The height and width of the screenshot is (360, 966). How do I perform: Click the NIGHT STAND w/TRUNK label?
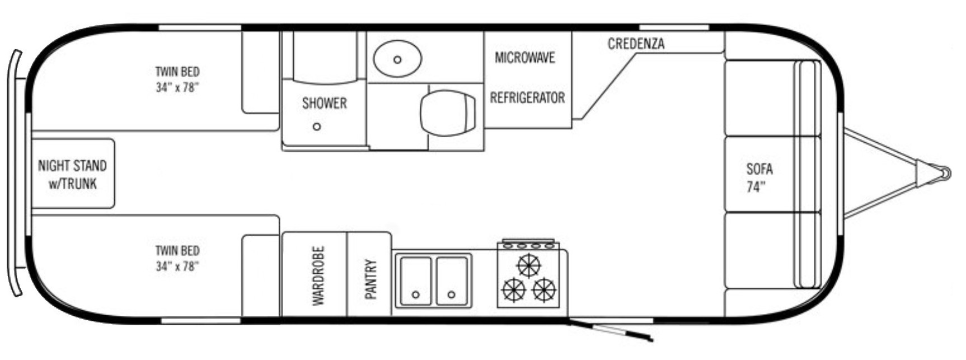[x=72, y=175]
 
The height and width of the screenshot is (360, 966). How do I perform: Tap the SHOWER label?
[x=325, y=103]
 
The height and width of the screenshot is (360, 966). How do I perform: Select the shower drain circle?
[x=317, y=127]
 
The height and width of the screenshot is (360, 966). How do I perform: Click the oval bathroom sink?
[x=397, y=59]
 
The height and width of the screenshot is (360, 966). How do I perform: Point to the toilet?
[x=448, y=112]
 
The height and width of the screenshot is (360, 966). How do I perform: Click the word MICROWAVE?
[x=524, y=58]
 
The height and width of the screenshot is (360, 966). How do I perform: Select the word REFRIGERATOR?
[x=527, y=98]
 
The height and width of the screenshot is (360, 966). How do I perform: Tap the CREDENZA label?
[x=636, y=44]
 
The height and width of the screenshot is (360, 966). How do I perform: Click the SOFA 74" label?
[x=759, y=178]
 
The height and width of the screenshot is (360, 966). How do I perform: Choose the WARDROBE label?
[x=318, y=276]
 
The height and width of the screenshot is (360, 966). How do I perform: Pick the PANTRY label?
[x=371, y=279]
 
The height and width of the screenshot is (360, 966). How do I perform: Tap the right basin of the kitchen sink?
[x=452, y=281]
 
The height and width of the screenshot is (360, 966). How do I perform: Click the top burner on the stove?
[x=528, y=265]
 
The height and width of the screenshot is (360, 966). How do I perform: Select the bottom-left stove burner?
[x=514, y=290]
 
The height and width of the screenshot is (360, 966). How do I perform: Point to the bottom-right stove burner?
[x=543, y=290]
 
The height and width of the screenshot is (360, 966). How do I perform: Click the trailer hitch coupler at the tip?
[x=945, y=173]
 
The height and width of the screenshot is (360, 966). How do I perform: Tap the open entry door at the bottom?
[x=610, y=331]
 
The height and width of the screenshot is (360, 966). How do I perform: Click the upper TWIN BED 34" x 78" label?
[x=177, y=80]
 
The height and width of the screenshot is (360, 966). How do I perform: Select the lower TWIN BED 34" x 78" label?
[x=177, y=259]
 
